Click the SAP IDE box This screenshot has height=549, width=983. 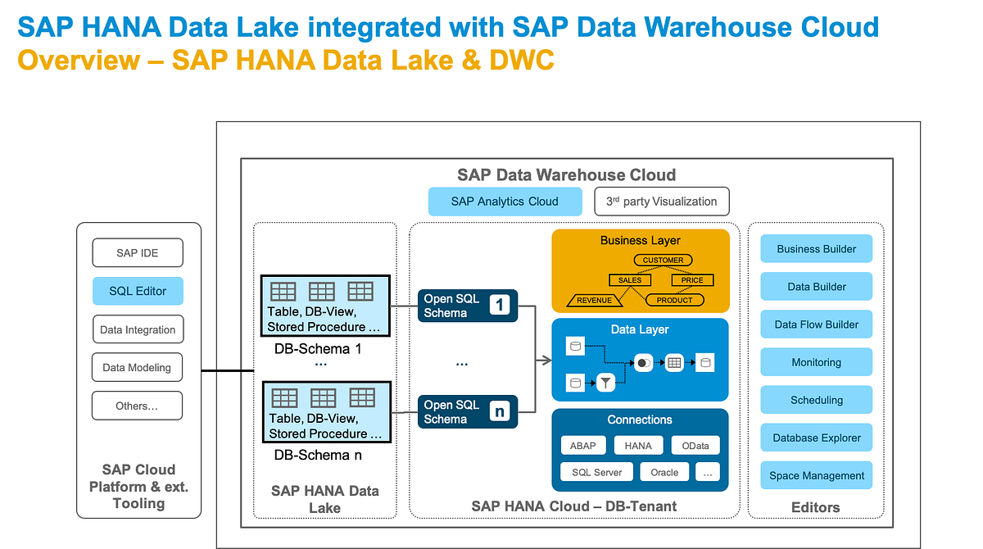[138, 253]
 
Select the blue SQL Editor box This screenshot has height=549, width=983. [138, 291]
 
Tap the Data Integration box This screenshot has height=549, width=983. [138, 329]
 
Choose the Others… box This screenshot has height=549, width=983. [138, 406]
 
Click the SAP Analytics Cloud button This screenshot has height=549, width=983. [505, 201]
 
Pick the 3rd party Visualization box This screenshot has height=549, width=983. [661, 201]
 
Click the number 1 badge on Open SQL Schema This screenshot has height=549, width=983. [500, 306]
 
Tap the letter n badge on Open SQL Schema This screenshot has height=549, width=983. [500, 411]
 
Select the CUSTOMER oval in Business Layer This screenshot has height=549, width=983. [663, 260]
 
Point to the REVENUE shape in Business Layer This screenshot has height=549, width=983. [594, 300]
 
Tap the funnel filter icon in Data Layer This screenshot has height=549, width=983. [605, 382]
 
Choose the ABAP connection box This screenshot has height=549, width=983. [583, 446]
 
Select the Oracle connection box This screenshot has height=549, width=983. [664, 472]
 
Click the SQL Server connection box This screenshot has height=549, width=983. [596, 472]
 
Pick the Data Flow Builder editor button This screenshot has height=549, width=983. [816, 324]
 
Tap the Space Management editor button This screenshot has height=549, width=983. [816, 475]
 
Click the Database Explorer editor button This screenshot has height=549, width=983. [816, 438]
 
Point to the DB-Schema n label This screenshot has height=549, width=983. [318, 455]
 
